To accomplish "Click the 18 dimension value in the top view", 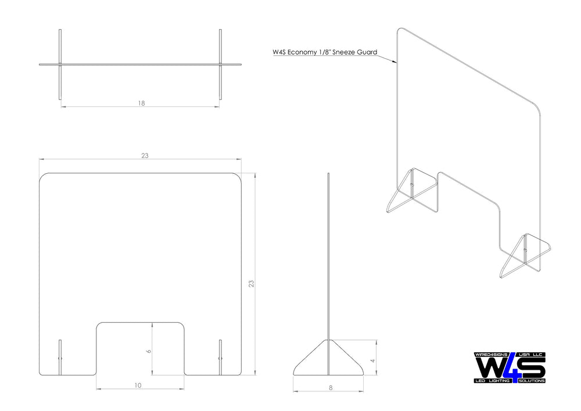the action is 141,103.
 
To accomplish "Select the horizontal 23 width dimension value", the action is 145,156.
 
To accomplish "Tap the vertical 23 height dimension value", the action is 251,284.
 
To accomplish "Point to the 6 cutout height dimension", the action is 149,351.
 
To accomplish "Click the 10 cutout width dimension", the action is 138,385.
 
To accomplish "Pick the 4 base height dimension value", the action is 373,360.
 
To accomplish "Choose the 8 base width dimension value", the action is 331,388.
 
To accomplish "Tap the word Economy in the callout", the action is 301,52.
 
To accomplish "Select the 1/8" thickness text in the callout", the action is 324,52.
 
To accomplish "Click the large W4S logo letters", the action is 510,367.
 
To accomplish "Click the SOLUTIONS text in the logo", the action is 532,381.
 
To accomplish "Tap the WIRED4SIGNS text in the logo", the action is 491,355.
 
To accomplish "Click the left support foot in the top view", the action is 60,65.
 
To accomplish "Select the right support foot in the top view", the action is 220,65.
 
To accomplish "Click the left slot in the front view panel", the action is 60,358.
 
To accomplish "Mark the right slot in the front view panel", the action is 220,358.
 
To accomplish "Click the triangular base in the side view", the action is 328,358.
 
